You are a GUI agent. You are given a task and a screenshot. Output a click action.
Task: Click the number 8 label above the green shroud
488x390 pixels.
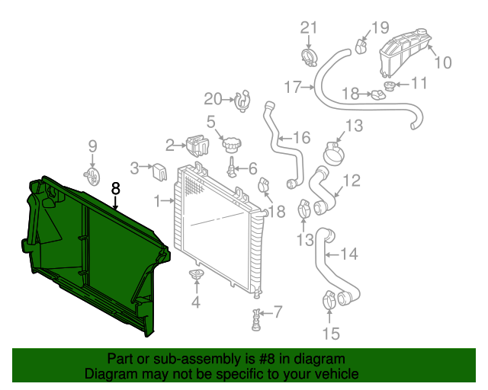(x=116, y=187)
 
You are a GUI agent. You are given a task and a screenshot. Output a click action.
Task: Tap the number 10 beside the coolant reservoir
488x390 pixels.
(x=443, y=62)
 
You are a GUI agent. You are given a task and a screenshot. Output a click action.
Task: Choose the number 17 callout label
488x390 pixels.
(x=294, y=88)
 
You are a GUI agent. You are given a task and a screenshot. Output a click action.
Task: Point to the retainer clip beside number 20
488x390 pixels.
(x=242, y=99)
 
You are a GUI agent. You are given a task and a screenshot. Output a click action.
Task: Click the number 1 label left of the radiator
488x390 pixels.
(x=157, y=201)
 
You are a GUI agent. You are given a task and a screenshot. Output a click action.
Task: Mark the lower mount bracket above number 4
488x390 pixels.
(x=196, y=275)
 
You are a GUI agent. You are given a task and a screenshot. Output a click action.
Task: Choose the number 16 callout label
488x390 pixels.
(x=301, y=138)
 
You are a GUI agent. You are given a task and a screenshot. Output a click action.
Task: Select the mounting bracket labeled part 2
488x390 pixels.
(x=197, y=144)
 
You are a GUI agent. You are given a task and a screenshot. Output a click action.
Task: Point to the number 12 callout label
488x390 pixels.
(x=351, y=181)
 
